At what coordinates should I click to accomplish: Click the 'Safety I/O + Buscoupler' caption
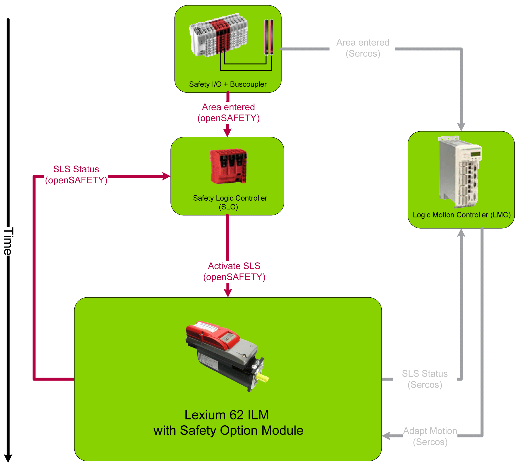click(227, 84)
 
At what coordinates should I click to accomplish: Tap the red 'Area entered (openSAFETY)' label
click(228, 112)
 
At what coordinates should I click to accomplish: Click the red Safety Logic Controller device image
click(228, 166)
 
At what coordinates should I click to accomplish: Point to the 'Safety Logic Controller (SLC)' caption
click(229, 202)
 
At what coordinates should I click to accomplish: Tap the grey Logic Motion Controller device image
click(460, 172)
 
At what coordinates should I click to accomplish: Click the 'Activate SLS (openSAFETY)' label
click(234, 271)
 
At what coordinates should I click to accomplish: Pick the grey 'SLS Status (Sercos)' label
click(424, 379)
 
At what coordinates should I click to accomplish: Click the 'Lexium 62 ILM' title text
click(226, 415)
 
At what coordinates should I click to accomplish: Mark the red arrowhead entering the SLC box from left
click(166, 176)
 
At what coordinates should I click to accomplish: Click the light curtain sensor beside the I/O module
click(269, 37)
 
